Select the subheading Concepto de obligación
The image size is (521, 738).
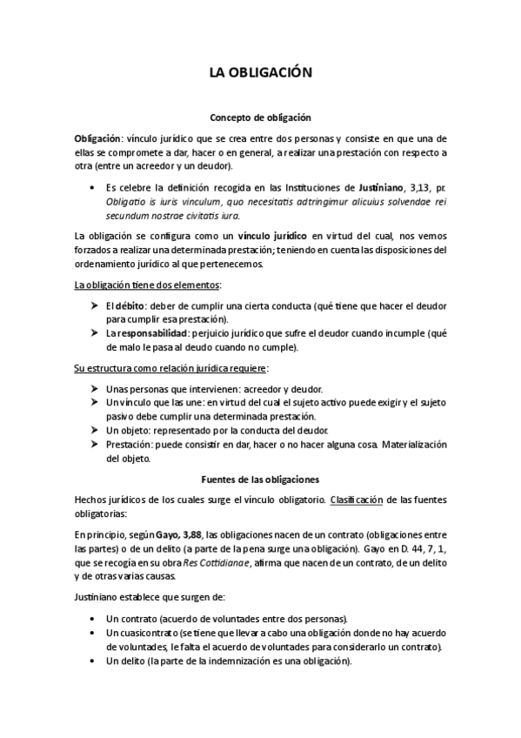[x=260, y=117]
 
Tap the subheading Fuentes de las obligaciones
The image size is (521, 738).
[x=260, y=479]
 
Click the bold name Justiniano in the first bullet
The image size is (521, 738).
[x=384, y=187]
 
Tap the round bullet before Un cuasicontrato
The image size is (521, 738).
[x=93, y=632]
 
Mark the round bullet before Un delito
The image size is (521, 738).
[x=93, y=660]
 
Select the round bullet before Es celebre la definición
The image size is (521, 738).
[x=93, y=187]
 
